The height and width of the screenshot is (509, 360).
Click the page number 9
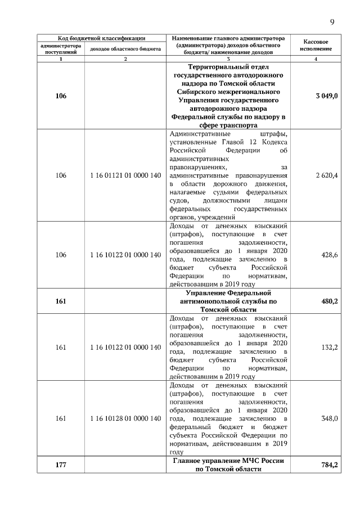[332, 22]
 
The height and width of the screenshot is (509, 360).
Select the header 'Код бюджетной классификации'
[98, 38]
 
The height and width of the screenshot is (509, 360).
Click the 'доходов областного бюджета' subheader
[125, 49]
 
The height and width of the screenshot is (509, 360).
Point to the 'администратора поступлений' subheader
[61, 49]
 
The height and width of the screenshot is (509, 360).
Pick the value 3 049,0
[327, 97]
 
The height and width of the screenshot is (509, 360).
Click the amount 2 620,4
[327, 175]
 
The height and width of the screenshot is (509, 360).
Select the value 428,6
[328, 255]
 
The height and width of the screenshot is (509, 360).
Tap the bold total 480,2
[328, 301]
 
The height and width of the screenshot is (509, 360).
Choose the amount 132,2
[329, 348]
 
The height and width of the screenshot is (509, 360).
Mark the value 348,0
[329, 418]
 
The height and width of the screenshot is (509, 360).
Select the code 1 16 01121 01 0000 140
[125, 175]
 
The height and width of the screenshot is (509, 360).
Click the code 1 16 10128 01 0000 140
[125, 418]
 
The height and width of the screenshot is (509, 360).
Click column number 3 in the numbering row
[228, 59]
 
